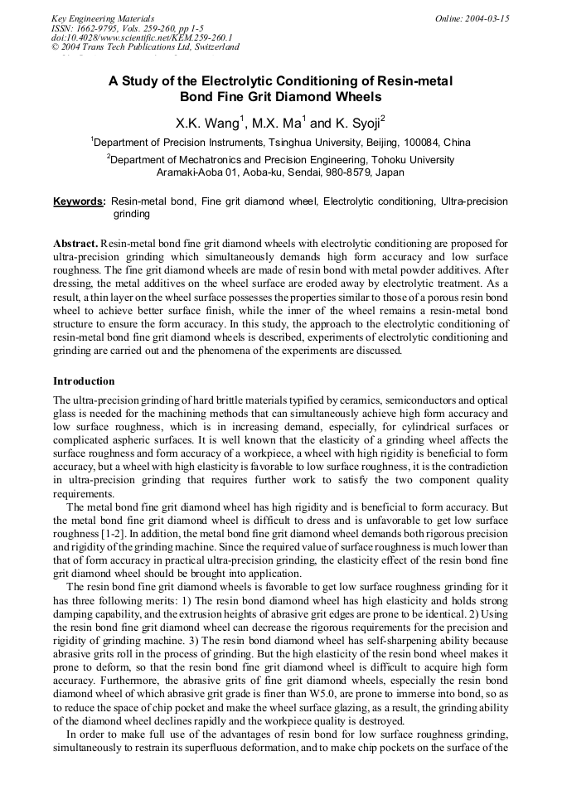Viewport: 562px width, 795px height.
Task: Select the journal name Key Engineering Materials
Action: coord(103,18)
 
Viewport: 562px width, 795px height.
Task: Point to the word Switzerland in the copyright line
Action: coord(212,47)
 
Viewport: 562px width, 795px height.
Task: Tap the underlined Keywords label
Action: coord(79,201)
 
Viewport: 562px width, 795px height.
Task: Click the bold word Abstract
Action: coord(75,243)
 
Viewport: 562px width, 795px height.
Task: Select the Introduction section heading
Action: coord(84,381)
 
